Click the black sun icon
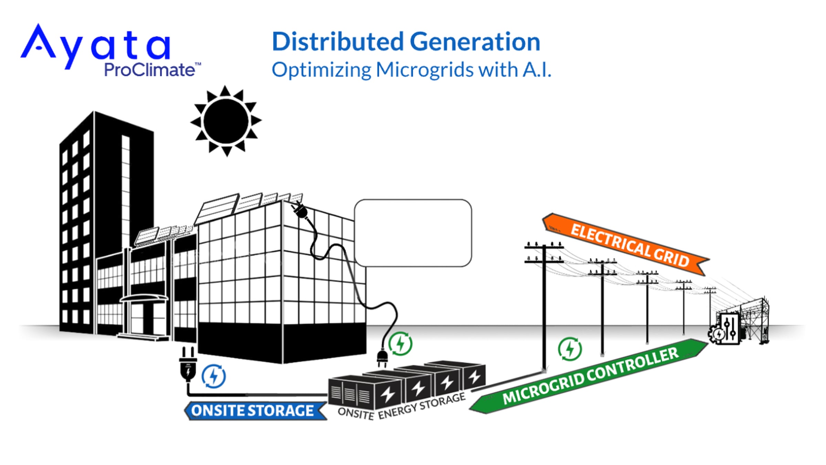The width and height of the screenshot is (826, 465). point(226,121)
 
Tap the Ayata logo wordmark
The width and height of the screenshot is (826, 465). point(96,46)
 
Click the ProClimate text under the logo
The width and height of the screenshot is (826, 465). point(150,70)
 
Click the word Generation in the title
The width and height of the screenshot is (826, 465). point(475,42)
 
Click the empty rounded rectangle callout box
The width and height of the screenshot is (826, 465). point(413,233)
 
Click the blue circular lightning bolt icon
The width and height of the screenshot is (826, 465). point(214,376)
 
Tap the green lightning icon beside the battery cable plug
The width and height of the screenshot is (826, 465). point(400,344)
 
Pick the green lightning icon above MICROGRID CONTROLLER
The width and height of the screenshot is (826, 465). point(570,349)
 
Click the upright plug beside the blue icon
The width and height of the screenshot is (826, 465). point(188,364)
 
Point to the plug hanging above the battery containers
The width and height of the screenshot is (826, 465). point(382,358)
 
